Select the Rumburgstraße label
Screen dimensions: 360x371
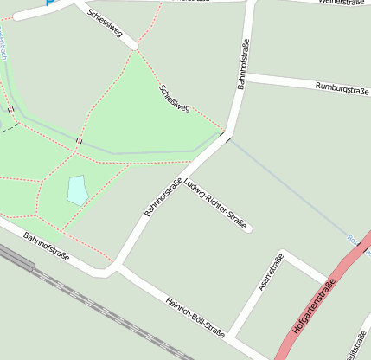tap(341, 87)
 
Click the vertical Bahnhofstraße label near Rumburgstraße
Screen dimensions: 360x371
tap(244, 64)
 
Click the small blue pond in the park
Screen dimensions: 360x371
tap(77, 190)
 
